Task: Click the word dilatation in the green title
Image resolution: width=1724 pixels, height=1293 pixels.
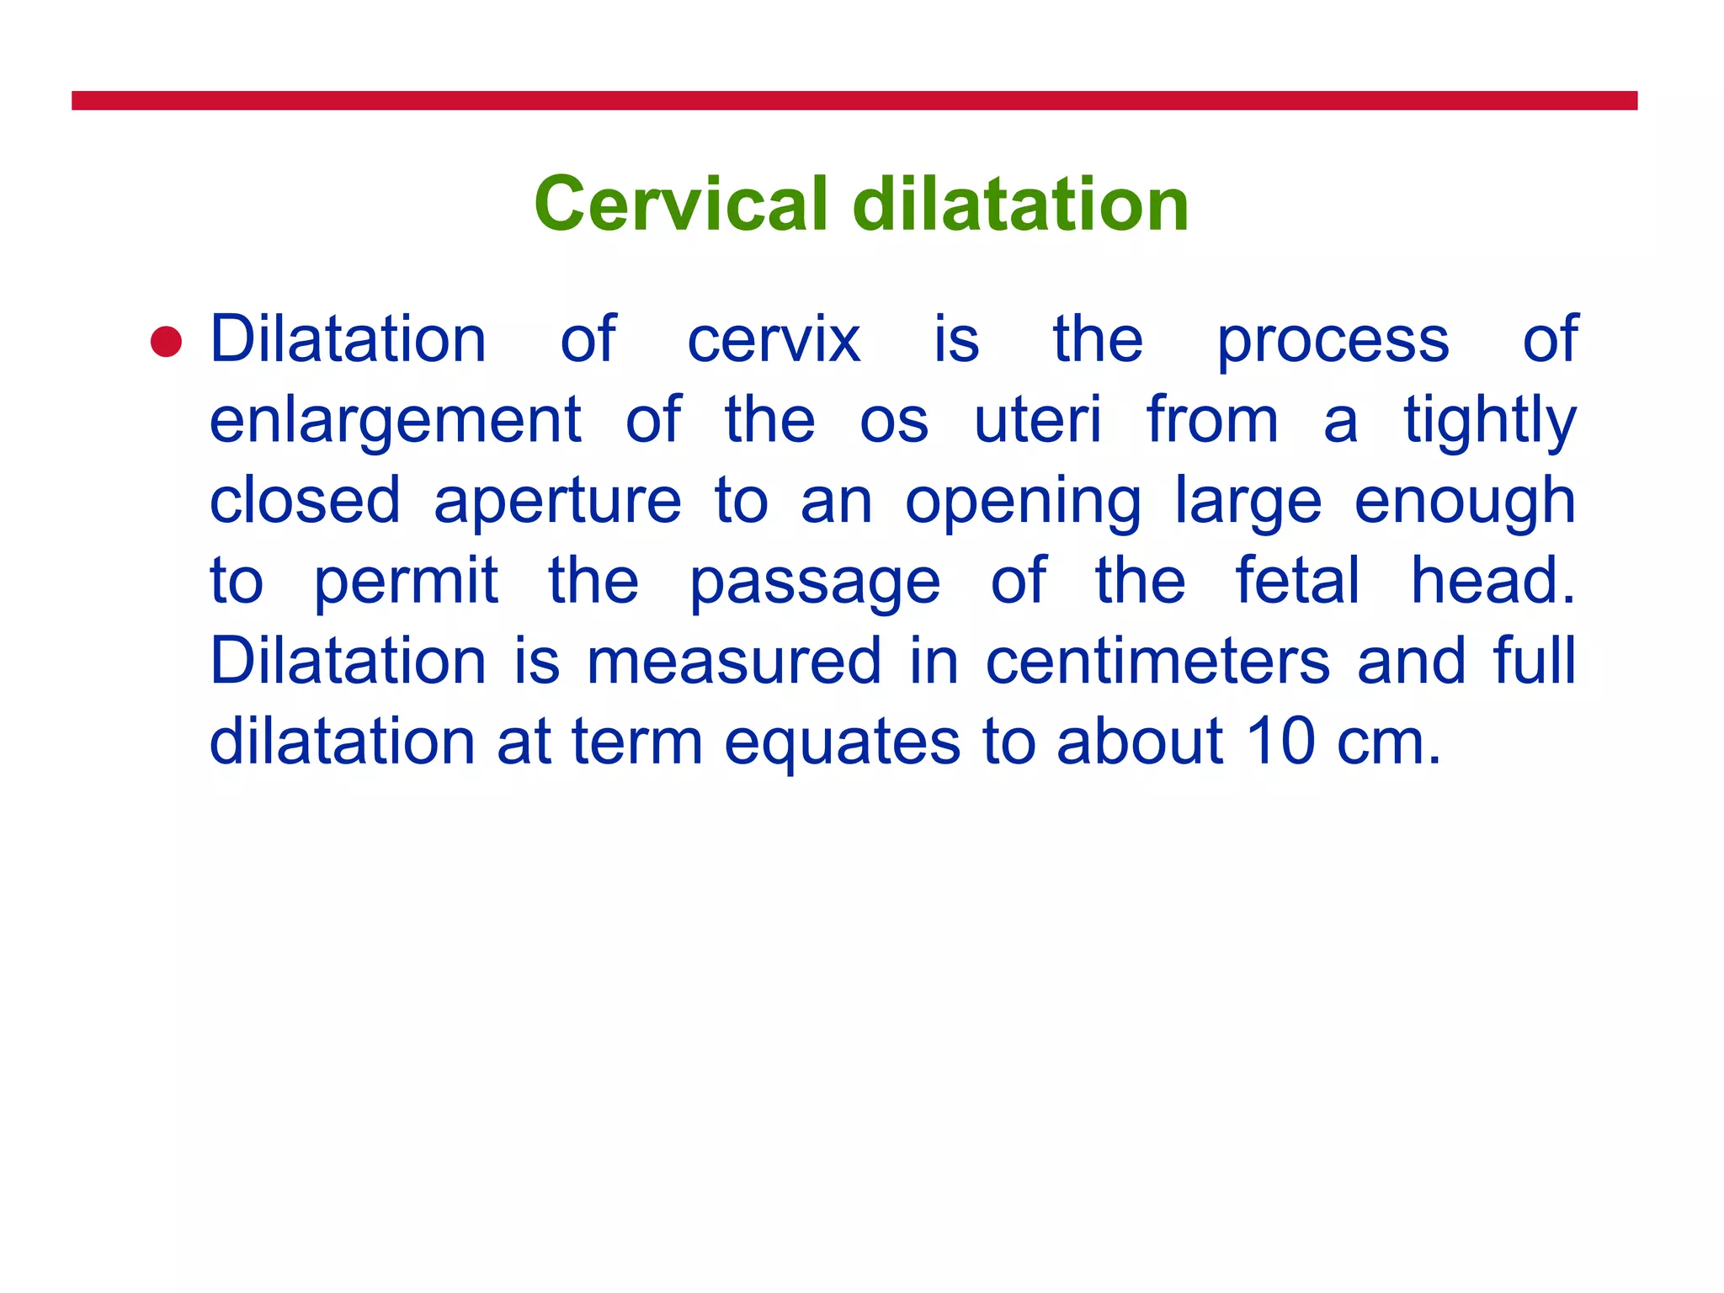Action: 1020,205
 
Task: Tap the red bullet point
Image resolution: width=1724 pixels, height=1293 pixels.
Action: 166,342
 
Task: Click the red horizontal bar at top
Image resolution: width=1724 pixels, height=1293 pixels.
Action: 854,100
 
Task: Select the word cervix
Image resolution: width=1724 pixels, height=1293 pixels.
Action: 774,340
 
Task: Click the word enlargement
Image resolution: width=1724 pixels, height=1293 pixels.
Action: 395,421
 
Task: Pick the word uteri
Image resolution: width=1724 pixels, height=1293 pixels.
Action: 1037,419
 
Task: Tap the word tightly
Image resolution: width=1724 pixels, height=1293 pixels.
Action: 1489,421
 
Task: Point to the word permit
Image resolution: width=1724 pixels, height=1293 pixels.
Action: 406,582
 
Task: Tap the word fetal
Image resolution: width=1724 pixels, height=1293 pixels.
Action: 1297,580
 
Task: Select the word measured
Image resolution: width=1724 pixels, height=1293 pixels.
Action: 734,662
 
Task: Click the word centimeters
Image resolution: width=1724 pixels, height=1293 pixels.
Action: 1158,662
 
